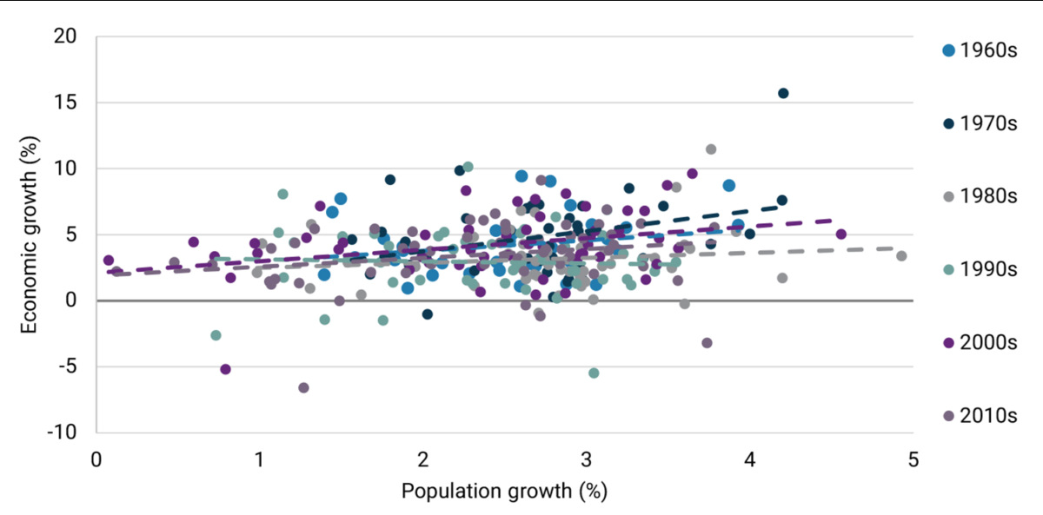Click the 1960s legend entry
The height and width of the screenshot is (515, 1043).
click(x=979, y=50)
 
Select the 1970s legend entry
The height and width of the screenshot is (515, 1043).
click(x=979, y=123)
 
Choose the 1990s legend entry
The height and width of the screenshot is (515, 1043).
click(x=979, y=269)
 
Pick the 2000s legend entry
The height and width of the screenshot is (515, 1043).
click(x=979, y=342)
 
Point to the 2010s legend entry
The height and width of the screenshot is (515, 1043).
click(x=979, y=415)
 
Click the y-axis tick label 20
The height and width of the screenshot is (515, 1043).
click(x=66, y=36)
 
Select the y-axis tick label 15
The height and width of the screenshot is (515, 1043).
click(x=66, y=102)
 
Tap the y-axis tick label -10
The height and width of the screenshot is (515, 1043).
click(x=63, y=432)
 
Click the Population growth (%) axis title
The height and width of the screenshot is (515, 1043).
click(x=504, y=491)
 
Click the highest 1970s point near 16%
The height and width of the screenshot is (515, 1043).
click(x=783, y=93)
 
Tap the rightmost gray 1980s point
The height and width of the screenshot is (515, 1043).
click(x=901, y=255)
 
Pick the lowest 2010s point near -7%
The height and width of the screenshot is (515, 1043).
click(x=303, y=387)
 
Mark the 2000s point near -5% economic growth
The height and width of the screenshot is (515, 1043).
click(x=225, y=369)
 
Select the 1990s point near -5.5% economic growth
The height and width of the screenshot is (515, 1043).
click(x=594, y=373)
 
